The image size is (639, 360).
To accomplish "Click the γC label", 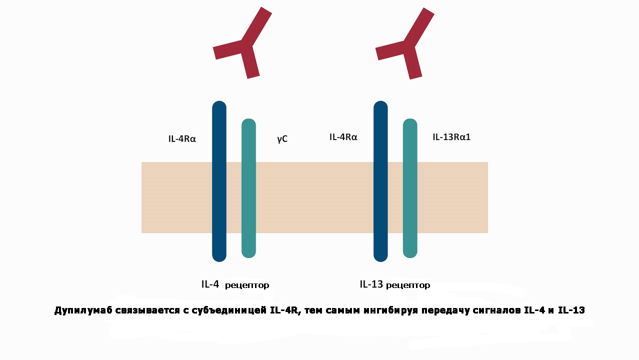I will pos(282,138).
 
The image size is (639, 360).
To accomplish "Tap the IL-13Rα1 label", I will pos(451,136).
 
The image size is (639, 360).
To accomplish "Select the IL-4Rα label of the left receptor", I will pos(182,138).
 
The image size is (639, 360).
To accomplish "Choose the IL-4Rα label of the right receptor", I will pos(343,136).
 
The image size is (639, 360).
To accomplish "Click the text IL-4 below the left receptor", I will pos(210,284).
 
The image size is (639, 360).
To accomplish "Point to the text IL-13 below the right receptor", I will pos(371,284).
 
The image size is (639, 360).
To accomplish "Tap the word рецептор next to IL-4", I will pos(247,285).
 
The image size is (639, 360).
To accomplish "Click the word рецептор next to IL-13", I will pos(408,285).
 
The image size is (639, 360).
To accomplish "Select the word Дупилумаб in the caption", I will pos(82,311).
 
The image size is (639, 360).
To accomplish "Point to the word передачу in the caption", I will pos(443,311).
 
